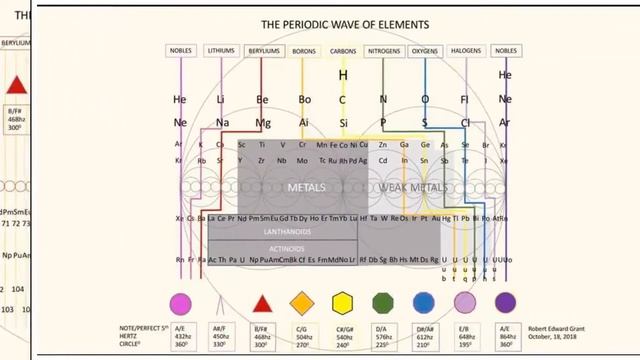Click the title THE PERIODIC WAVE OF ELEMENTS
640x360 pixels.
click(x=345, y=23)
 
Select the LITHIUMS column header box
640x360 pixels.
click(x=221, y=50)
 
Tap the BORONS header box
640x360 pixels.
click(x=303, y=50)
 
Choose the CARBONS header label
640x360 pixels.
click(x=343, y=50)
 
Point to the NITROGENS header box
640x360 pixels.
click(x=384, y=50)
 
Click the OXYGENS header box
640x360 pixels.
click(x=425, y=50)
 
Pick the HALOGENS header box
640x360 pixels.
click(x=466, y=50)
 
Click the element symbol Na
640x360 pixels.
click(x=221, y=122)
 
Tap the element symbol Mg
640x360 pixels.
click(x=262, y=122)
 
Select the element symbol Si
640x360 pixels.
click(x=343, y=122)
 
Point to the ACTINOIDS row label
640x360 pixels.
click(x=283, y=247)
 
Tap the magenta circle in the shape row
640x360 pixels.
click(x=180, y=303)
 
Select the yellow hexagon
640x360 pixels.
click(x=343, y=303)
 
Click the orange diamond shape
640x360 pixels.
click(x=302, y=303)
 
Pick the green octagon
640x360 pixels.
click(x=384, y=303)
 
